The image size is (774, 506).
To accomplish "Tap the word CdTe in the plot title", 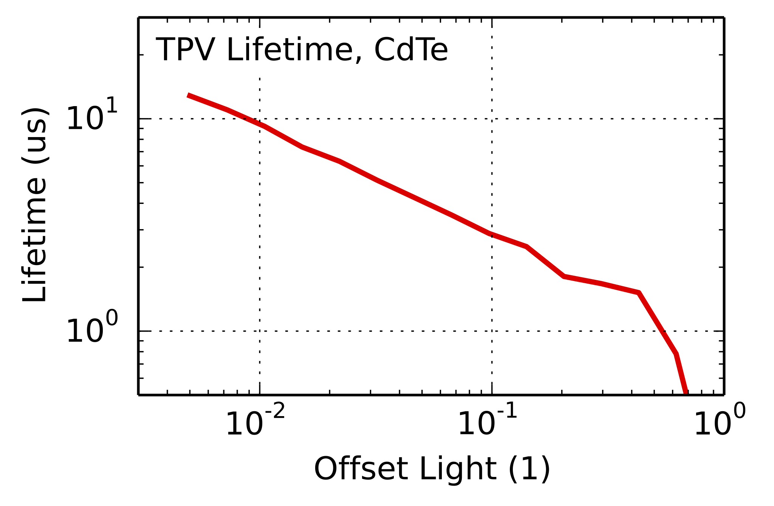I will tap(411, 50).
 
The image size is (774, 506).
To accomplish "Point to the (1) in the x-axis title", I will tap(529, 469).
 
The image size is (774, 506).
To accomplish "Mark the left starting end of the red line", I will tap(188, 95).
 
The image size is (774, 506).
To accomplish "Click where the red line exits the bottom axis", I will tap(686, 393).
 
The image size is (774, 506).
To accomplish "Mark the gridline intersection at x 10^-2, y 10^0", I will tap(260, 331).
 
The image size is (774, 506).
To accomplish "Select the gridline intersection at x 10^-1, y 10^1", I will tap(492, 119).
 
